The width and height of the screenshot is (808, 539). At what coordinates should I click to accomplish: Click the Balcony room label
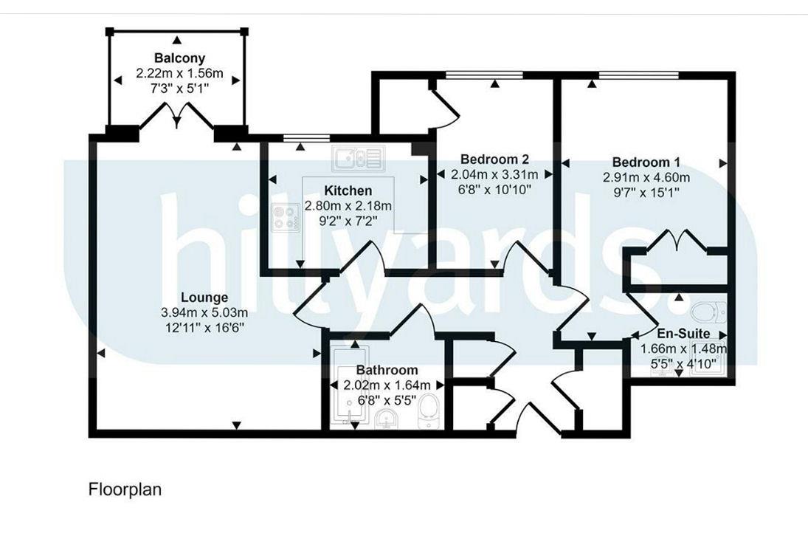click(179, 58)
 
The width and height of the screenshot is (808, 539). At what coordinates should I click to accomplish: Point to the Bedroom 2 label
click(494, 159)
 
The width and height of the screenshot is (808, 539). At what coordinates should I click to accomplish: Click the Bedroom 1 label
click(646, 162)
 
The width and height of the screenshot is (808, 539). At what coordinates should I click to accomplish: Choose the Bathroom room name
click(387, 370)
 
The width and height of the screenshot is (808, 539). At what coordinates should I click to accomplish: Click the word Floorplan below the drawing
click(125, 489)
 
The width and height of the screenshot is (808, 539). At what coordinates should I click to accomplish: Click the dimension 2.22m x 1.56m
click(179, 73)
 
